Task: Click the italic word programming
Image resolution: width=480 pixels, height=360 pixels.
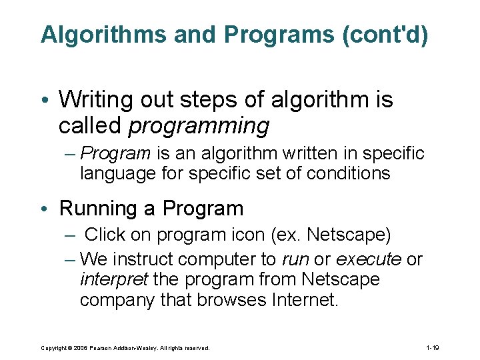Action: [x=199, y=125]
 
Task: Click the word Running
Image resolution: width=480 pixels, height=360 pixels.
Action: [x=98, y=209]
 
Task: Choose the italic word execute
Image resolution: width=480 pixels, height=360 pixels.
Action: [x=368, y=259]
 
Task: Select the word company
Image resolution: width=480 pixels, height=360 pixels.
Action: [x=117, y=300]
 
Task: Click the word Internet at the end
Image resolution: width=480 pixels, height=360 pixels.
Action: [x=305, y=300]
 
